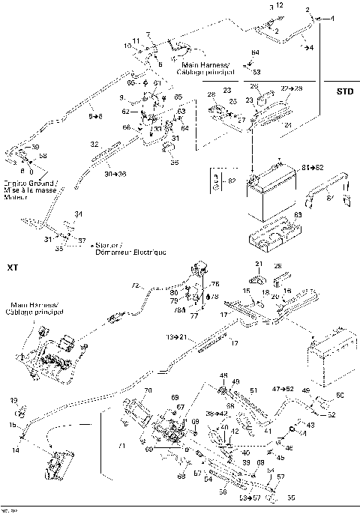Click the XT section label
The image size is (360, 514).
click(12, 267)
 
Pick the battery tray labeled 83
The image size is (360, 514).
click(270, 235)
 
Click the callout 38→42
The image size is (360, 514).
click(217, 413)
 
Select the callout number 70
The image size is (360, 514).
click(148, 391)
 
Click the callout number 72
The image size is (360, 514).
click(136, 285)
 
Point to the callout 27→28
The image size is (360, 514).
click(289, 88)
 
